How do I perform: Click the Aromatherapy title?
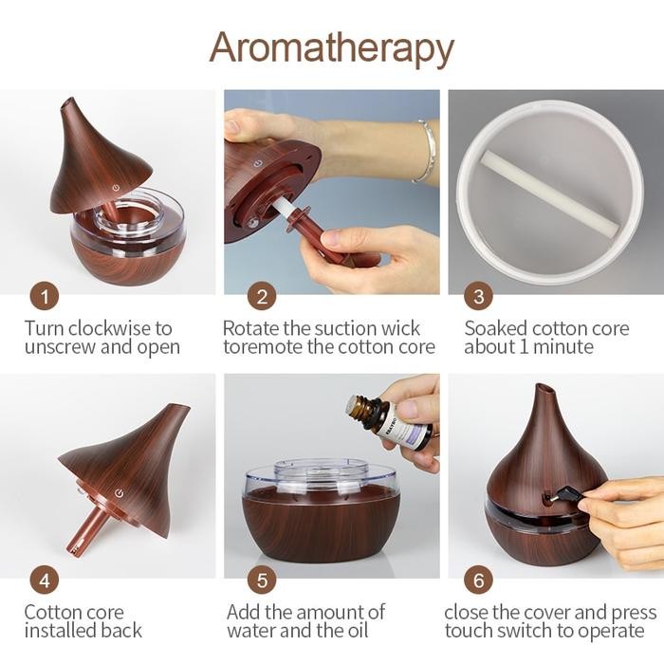[x=331, y=46]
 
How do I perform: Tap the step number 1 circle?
[x=44, y=297]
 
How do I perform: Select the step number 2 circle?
[x=263, y=297]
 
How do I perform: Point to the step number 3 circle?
[x=478, y=297]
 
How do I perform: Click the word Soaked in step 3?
[x=495, y=328]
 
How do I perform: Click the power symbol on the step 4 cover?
[x=120, y=493]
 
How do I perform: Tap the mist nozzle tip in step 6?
[x=542, y=389]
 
